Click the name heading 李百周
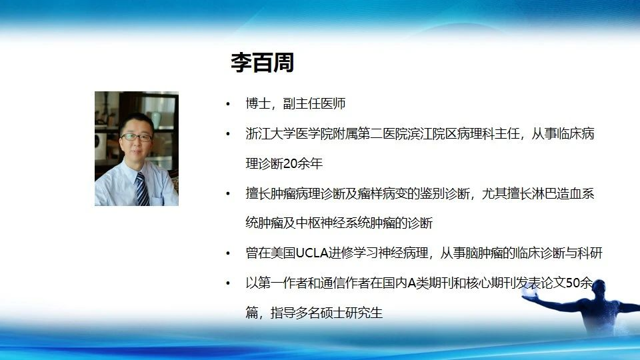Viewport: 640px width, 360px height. click(x=263, y=63)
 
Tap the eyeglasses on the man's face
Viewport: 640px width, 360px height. click(x=136, y=137)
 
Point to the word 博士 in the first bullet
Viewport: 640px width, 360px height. click(x=258, y=104)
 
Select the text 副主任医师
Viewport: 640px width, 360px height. click(x=314, y=104)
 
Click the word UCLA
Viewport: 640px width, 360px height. click(x=312, y=253)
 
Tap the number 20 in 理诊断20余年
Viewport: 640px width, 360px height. click(x=290, y=164)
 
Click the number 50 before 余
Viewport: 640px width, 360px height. click(x=573, y=283)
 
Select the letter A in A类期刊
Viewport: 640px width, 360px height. click(x=411, y=283)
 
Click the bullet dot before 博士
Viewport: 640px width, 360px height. click(x=228, y=104)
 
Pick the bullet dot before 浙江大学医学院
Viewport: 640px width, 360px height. click(x=228, y=134)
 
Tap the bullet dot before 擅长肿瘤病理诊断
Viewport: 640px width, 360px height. click(x=228, y=193)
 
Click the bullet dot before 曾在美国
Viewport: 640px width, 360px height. click(x=228, y=253)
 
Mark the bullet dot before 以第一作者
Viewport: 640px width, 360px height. click(x=228, y=283)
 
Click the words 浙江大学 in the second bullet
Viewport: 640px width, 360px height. click(x=271, y=133)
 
